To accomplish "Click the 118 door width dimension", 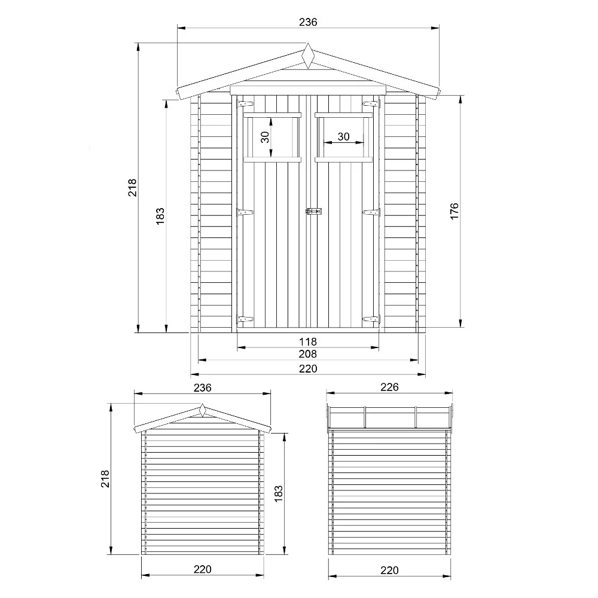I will pyautogui.click(x=308, y=341).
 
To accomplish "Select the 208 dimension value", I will pyautogui.click(x=308, y=354).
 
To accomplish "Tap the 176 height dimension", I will pyautogui.click(x=454, y=212).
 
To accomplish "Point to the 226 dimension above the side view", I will pyautogui.click(x=389, y=387).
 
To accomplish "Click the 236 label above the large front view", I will pyautogui.click(x=308, y=22).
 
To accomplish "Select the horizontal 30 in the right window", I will pyautogui.click(x=343, y=136).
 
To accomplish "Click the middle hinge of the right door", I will pyautogui.click(x=371, y=212).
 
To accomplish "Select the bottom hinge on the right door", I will pyautogui.click(x=371, y=320).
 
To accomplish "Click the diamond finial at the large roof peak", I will pyautogui.click(x=308, y=56).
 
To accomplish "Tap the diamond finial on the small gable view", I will pyautogui.click(x=203, y=411).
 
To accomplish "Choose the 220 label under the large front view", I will pyautogui.click(x=308, y=368).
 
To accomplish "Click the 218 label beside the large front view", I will pyautogui.click(x=133, y=187).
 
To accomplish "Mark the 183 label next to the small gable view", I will pyautogui.click(x=279, y=493).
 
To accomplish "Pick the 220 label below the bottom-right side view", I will pyautogui.click(x=389, y=570).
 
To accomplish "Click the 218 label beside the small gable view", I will pyautogui.click(x=105, y=478).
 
